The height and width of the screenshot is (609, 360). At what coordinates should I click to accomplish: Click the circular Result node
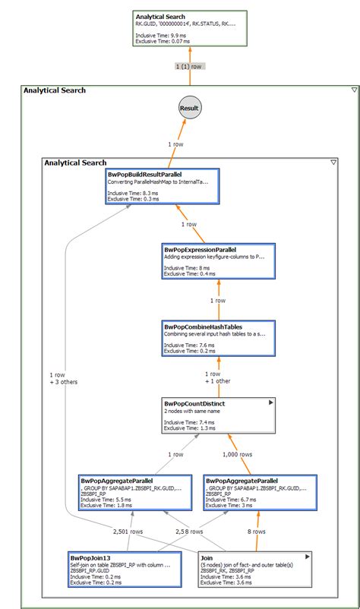click(189, 108)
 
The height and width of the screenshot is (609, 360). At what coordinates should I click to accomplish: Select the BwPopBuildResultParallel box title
click(145, 174)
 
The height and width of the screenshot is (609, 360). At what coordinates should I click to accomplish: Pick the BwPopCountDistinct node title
click(194, 403)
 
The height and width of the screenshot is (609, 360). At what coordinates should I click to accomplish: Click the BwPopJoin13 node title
click(90, 556)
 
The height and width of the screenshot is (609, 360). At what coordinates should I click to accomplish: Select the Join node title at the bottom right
click(207, 556)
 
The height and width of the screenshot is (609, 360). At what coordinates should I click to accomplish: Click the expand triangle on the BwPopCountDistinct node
click(270, 403)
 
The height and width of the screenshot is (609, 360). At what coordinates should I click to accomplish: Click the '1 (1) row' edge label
click(189, 66)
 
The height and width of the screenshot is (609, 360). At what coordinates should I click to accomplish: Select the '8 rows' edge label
click(255, 532)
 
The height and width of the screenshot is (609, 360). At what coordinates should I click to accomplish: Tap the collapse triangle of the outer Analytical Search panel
click(354, 90)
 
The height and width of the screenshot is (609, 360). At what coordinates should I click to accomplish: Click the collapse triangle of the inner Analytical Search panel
click(333, 163)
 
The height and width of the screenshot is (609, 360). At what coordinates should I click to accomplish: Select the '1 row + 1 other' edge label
click(217, 376)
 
